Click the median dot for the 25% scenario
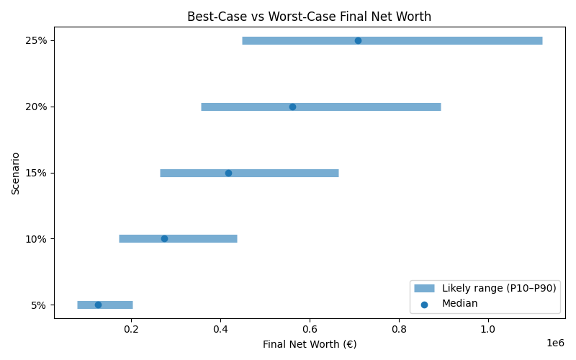pyautogui.click(x=358, y=40)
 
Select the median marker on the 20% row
pyautogui.click(x=292, y=107)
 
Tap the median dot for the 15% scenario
pyautogui.click(x=228, y=173)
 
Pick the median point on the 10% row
pyautogui.click(x=164, y=238)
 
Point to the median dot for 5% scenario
pyautogui.click(x=98, y=305)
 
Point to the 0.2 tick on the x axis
pyautogui.click(x=131, y=330)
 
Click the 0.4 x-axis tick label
pyautogui.click(x=220, y=330)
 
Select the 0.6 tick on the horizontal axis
pyautogui.click(x=310, y=330)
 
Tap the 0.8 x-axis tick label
pyautogui.click(x=399, y=330)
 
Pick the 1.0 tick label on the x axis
pyautogui.click(x=488, y=330)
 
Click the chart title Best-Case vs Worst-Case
pyautogui.click(x=309, y=17)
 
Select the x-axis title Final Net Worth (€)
pyautogui.click(x=310, y=344)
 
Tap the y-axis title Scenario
pyautogui.click(x=15, y=173)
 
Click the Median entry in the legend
pyautogui.click(x=459, y=304)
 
